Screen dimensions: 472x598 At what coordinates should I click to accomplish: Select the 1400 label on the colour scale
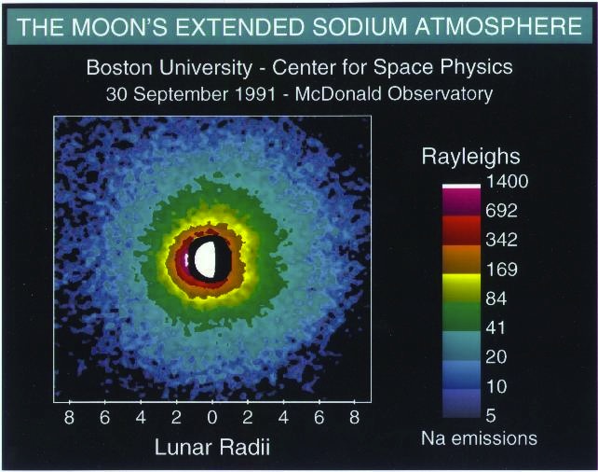(508, 182)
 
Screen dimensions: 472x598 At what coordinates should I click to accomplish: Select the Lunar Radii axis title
(212, 448)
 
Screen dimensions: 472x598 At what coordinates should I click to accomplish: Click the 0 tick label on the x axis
(213, 418)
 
